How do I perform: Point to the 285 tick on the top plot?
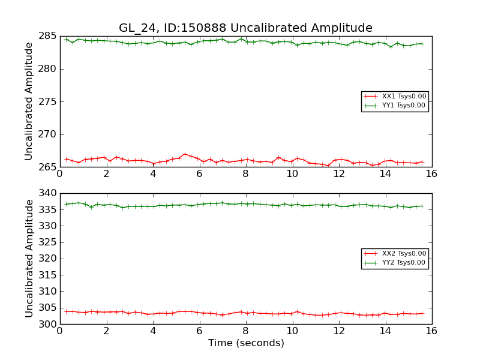(47, 36)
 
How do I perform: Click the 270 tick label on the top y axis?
(47, 134)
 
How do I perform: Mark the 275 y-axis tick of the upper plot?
(47, 101)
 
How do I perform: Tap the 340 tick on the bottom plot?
(47, 193)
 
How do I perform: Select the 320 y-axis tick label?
(47, 259)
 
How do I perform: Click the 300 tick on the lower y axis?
(47, 324)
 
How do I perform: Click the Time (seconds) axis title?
(246, 343)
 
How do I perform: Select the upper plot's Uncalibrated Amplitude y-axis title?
(29, 101)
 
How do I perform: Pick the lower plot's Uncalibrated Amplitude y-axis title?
(29, 259)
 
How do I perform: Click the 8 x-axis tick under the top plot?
(245, 174)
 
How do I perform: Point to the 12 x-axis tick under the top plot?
(338, 174)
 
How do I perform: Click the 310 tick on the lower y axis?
(47, 292)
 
